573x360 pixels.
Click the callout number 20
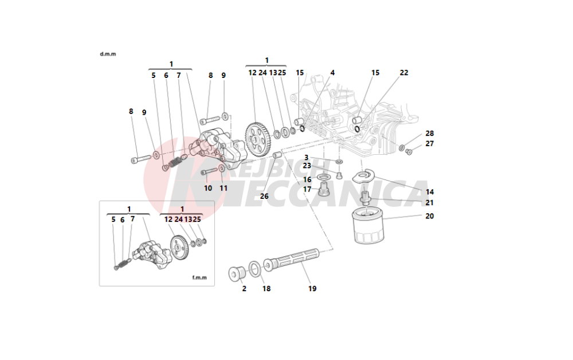pyautogui.click(x=430, y=216)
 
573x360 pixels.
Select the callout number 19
pyautogui.click(x=312, y=288)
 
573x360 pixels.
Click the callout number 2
pyautogui.click(x=244, y=288)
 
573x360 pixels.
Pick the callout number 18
pyautogui.click(x=266, y=288)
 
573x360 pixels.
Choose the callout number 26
pyautogui.click(x=264, y=196)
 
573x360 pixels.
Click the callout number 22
pyautogui.click(x=404, y=73)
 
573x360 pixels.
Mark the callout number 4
pyautogui.click(x=332, y=73)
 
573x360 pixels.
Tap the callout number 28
pyautogui.click(x=430, y=134)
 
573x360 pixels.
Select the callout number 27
pyautogui.click(x=430, y=143)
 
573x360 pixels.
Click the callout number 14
pyautogui.click(x=430, y=191)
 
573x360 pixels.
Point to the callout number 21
pyautogui.click(x=430, y=202)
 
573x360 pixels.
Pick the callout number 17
pyautogui.click(x=308, y=189)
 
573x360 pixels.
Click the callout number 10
pyautogui.click(x=208, y=188)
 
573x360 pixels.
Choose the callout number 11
pyautogui.click(x=223, y=188)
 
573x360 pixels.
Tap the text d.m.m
pyautogui.click(x=108, y=54)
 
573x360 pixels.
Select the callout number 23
pyautogui.click(x=307, y=166)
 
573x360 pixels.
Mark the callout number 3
pyautogui.click(x=307, y=157)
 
